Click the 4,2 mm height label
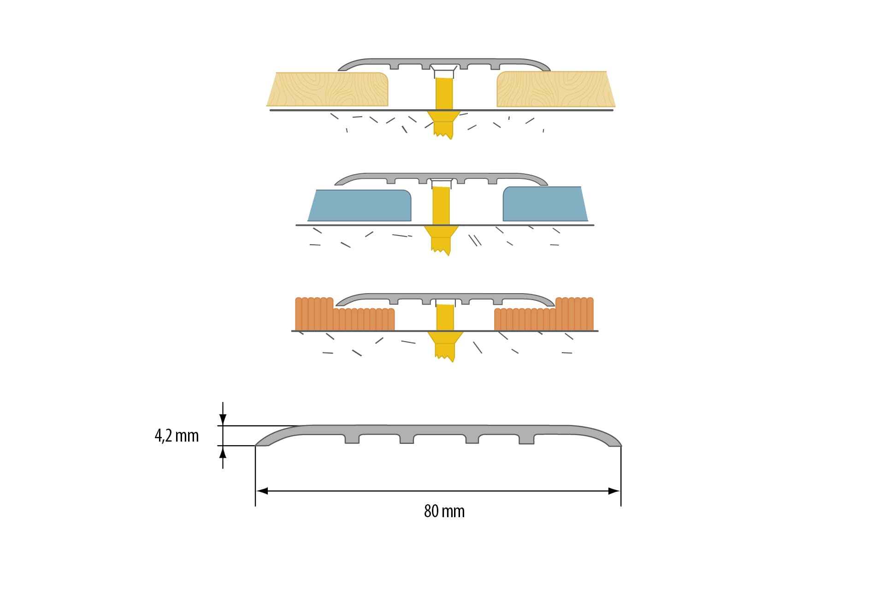tap(177, 436)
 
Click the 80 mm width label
tap(444, 511)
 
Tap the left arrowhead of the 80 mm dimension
tap(262, 491)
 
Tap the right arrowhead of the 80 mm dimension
tap(614, 491)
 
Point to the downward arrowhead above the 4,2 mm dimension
tap(223, 419)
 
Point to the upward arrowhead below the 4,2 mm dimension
tap(223, 452)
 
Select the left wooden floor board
tap(328, 89)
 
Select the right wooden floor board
tap(556, 89)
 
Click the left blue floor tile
tap(360, 205)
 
